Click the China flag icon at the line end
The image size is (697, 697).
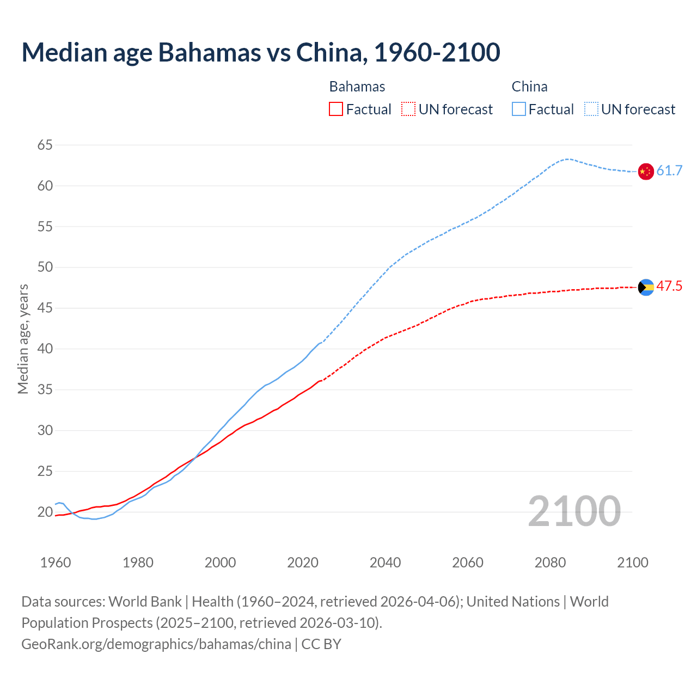point(646,171)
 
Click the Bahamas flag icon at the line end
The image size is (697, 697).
point(646,287)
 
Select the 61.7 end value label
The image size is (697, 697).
point(669,171)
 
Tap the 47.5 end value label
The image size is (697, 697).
point(669,286)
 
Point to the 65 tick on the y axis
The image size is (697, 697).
point(45,145)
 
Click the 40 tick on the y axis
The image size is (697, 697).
point(45,348)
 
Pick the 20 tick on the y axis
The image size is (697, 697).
point(45,512)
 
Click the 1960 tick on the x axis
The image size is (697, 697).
point(56,563)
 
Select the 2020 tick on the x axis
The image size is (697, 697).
point(303,563)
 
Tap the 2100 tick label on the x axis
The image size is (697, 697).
point(633,563)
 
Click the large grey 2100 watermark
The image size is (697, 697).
point(574,511)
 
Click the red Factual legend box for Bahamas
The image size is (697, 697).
point(336,109)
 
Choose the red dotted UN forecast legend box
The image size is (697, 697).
point(408,109)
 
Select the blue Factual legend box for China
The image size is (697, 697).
point(519,109)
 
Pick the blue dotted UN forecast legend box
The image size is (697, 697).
point(591,109)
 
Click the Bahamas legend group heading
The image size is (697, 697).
point(357,87)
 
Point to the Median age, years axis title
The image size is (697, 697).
point(23,339)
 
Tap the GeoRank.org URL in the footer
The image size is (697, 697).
point(156,644)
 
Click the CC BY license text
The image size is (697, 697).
point(321,644)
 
